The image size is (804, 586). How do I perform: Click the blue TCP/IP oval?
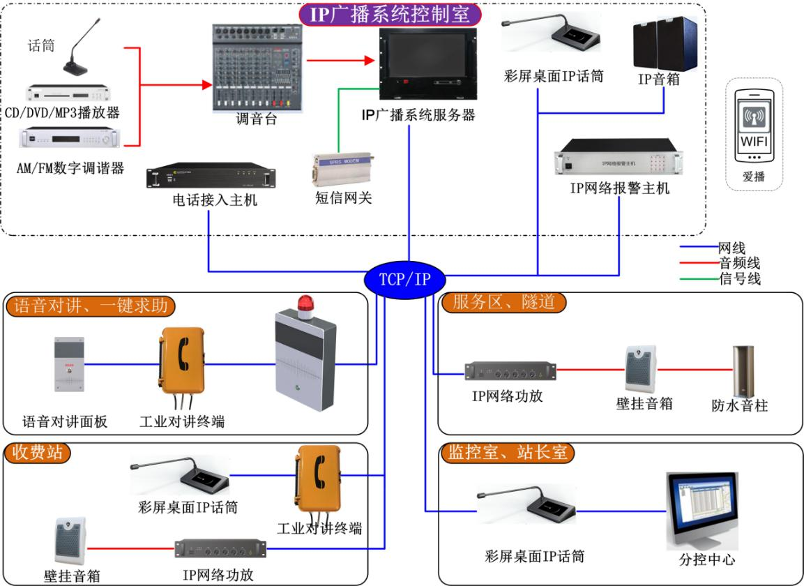click(404, 280)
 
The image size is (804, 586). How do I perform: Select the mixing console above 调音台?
click(258, 68)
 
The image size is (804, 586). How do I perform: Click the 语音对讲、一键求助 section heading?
click(91, 306)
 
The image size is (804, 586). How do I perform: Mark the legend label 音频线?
click(739, 264)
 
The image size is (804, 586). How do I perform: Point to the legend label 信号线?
click(739, 279)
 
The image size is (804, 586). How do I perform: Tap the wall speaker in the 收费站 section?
click(70, 544)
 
